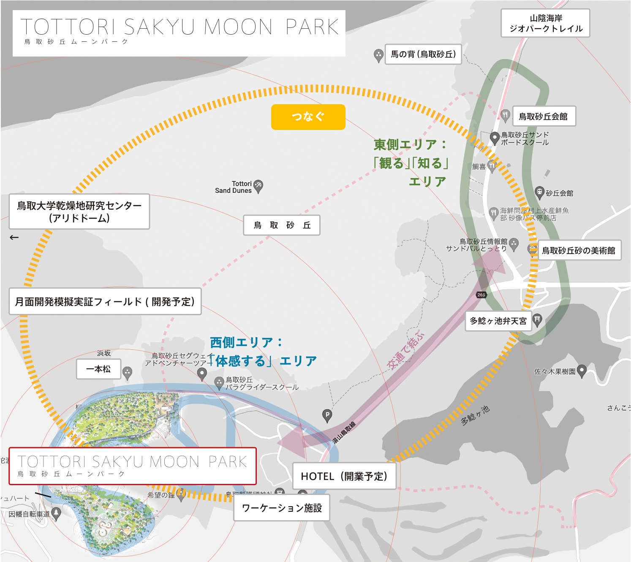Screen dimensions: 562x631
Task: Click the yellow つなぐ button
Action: click(308, 117)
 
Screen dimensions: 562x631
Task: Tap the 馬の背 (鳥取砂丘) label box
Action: click(423, 54)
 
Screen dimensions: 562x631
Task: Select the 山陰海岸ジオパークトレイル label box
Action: click(545, 23)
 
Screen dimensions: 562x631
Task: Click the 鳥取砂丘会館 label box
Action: click(544, 116)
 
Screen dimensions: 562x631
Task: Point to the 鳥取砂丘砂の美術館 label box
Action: click(579, 251)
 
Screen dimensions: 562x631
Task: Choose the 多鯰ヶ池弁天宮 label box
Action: click(498, 321)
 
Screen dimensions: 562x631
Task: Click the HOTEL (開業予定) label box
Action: click(344, 476)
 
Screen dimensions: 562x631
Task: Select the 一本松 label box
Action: click(98, 369)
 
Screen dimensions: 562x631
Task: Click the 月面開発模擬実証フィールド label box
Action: click(105, 302)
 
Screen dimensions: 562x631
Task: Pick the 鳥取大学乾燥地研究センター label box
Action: click(79, 212)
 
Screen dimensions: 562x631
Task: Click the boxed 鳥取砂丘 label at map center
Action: click(282, 225)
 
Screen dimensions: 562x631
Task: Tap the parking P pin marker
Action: click(327, 415)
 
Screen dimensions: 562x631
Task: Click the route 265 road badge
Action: click(481, 295)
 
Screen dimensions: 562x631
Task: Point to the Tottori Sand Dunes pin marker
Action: click(258, 186)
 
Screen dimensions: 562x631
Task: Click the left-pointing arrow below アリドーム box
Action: click(14, 238)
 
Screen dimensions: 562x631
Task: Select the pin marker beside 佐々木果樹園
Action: click(582, 370)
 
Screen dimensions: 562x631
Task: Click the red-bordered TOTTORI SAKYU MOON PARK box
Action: click(133, 466)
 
